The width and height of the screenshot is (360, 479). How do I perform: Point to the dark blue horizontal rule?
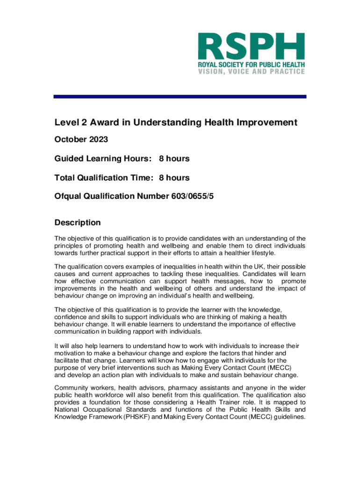click(180, 96)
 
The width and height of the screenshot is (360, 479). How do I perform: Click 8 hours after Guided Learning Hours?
click(174, 159)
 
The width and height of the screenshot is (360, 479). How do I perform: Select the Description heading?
click(78, 222)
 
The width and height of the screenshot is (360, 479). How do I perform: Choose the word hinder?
click(273, 353)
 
